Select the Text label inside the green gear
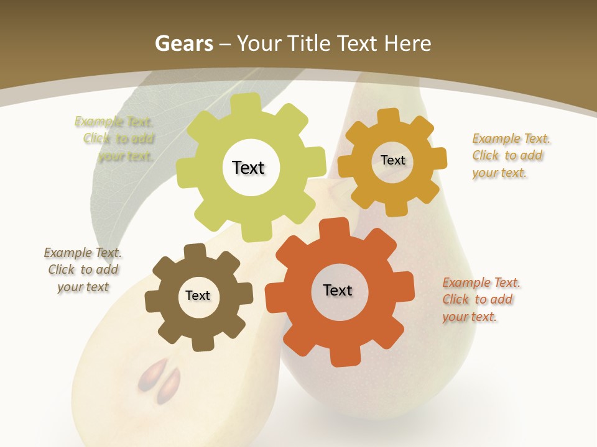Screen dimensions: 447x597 coord(248,168)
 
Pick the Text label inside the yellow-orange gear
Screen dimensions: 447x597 coord(392,160)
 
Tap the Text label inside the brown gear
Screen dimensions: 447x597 coord(198,296)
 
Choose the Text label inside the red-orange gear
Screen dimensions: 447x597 coord(338,290)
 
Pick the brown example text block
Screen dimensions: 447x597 coord(83,269)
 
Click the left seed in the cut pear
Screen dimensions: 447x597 coord(150,374)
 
